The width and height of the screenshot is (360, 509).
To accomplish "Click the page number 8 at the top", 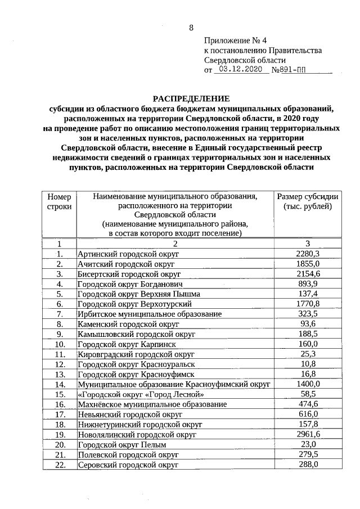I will pos(191,28).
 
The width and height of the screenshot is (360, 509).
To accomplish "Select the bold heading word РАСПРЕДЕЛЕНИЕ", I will pos(192,98).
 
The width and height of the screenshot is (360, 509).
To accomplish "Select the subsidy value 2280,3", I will pos(308,254).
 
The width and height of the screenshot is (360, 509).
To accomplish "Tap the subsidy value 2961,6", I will pos(308,435).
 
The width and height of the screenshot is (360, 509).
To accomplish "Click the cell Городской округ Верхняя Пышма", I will pos(138,294).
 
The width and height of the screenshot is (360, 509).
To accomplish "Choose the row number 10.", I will pos(59,344).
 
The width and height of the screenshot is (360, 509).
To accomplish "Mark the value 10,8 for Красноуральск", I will pos(308,364).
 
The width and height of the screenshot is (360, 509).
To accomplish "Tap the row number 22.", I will pos(59,465).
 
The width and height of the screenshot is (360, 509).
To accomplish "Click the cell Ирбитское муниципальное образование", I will pos(149,314).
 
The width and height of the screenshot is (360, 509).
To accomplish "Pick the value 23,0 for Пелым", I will pos(308,444).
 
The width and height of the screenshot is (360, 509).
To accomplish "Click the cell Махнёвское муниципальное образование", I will pos(152,404).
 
